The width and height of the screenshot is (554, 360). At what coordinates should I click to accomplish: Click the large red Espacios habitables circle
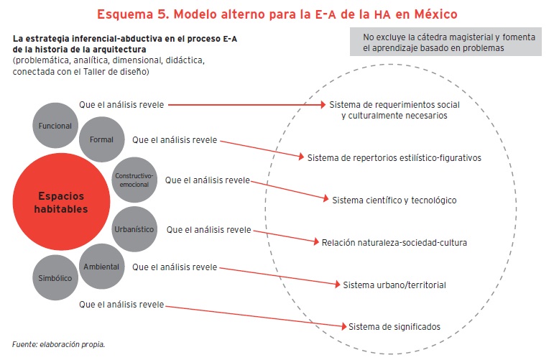(61, 202)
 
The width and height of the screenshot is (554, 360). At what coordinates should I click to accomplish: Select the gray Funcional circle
(56, 126)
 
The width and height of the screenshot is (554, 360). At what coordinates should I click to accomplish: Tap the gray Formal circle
(101, 139)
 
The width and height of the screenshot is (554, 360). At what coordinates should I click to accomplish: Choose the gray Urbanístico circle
(134, 229)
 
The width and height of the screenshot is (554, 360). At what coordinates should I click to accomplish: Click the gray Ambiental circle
(101, 267)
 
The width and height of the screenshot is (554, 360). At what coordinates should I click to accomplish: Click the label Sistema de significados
(394, 326)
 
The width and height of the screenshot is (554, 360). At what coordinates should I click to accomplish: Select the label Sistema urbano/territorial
(394, 285)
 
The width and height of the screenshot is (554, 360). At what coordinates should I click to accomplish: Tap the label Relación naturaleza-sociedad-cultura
(394, 242)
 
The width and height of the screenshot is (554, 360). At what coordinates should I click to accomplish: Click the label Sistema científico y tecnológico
(394, 200)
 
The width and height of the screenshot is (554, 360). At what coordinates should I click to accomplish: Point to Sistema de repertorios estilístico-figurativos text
(394, 157)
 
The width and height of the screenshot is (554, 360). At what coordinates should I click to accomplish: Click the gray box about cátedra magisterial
(447, 42)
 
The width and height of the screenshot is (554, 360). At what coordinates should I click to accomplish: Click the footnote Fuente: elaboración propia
(59, 344)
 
